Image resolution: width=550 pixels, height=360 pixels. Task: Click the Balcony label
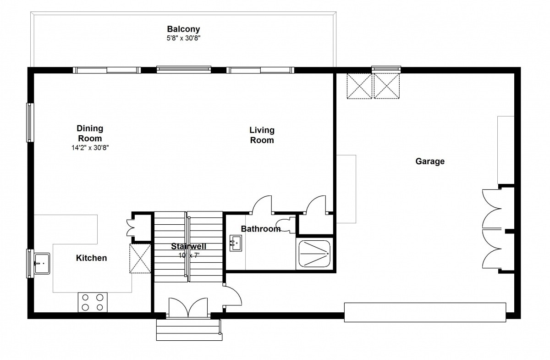coord(183,29)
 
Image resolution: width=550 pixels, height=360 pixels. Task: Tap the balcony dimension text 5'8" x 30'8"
coord(184,38)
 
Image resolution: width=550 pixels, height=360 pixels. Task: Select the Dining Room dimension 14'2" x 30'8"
coord(90,148)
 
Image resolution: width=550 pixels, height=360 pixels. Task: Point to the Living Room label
coord(262,135)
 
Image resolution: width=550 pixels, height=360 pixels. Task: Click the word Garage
coord(430,161)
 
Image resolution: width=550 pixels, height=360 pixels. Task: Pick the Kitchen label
coord(91,258)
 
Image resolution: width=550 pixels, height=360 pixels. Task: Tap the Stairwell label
coord(188,246)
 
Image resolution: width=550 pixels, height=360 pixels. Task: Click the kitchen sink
coord(42,263)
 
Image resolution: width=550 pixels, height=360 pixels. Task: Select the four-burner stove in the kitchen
coord(93,302)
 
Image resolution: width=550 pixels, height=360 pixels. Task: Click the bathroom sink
coord(236,243)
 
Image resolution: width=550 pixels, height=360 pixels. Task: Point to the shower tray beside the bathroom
coord(314,254)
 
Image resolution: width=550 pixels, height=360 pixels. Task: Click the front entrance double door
coord(188,308)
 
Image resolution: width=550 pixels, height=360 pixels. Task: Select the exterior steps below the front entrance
coord(189,330)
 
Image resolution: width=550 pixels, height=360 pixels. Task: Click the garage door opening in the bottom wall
coord(425,312)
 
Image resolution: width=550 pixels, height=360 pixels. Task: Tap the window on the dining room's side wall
coord(30,122)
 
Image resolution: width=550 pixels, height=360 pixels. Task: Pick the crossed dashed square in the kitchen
coord(140,259)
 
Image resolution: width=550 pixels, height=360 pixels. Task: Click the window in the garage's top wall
coord(386,70)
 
